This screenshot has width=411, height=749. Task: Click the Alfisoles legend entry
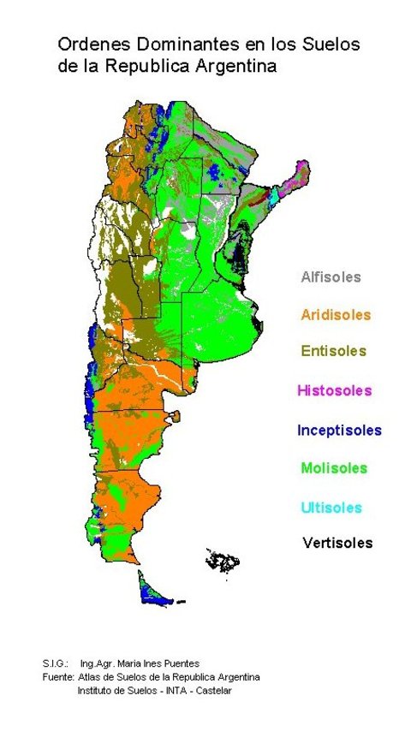coord(331,277)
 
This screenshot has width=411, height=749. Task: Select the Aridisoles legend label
coord(336,315)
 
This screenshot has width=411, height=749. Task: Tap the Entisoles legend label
coord(333,351)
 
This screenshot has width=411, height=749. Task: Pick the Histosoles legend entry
coord(334,390)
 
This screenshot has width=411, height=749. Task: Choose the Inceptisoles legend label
coord(339,430)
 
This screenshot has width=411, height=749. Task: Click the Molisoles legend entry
coord(333,468)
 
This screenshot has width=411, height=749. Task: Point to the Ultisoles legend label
coord(331,508)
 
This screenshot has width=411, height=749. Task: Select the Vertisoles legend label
coord(337,543)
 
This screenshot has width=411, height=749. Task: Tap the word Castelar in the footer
coord(211,690)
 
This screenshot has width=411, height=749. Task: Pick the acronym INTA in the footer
coord(168,690)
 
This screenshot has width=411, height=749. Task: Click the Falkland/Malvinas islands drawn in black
coord(223,562)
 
